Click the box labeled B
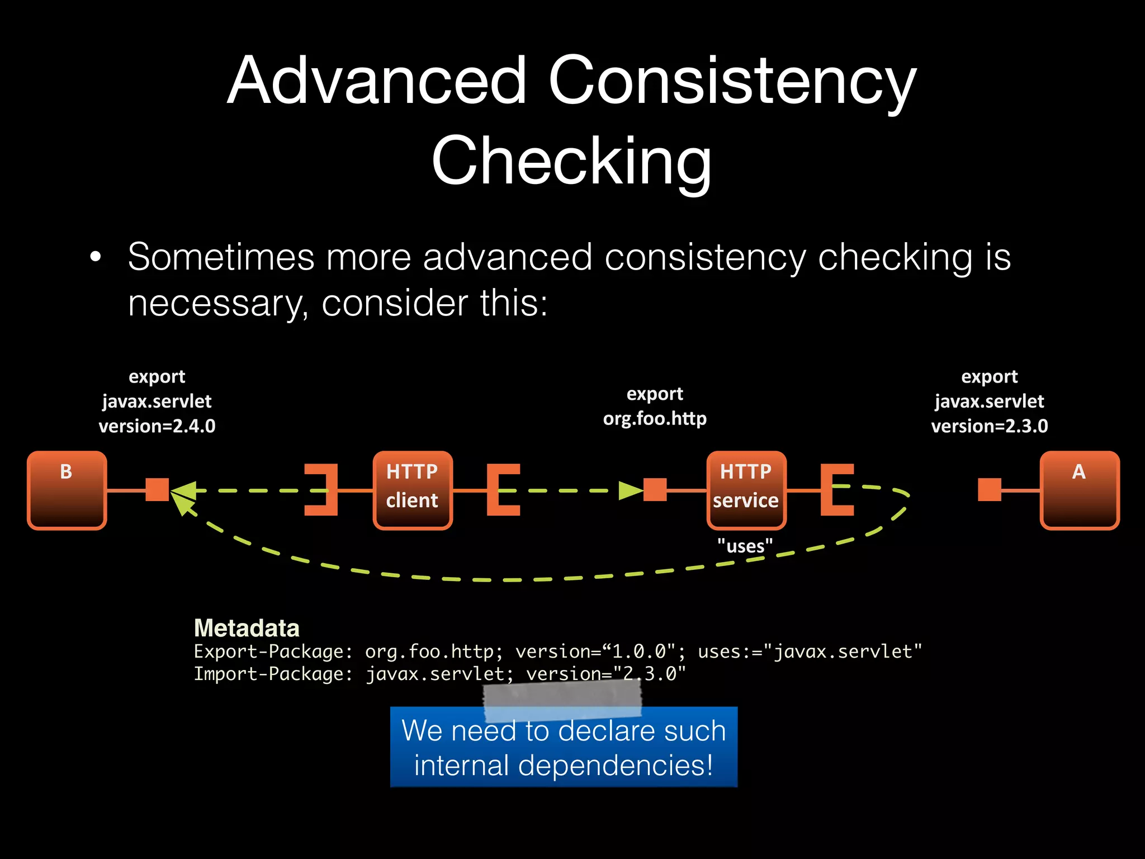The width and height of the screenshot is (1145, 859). click(67, 490)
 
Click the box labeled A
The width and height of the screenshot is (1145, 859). click(1080, 490)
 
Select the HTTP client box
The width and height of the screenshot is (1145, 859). click(413, 490)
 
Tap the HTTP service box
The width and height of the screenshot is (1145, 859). click(746, 490)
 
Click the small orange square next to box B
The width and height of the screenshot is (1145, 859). click(157, 490)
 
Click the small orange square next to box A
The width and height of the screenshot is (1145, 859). click(990, 490)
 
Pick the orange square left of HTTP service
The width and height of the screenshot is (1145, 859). click(655, 490)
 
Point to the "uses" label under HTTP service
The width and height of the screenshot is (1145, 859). click(745, 546)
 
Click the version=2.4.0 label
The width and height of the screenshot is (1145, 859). click(157, 426)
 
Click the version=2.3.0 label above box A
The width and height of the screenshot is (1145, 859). click(989, 426)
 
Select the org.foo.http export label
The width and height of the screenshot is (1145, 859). click(655, 418)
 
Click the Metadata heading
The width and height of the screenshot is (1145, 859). click(247, 628)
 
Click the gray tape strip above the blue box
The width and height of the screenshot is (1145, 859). click(562, 702)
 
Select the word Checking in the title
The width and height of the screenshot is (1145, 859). click(571, 161)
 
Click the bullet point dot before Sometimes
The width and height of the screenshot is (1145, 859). click(96, 257)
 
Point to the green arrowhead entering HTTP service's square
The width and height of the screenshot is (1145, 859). click(631, 490)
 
